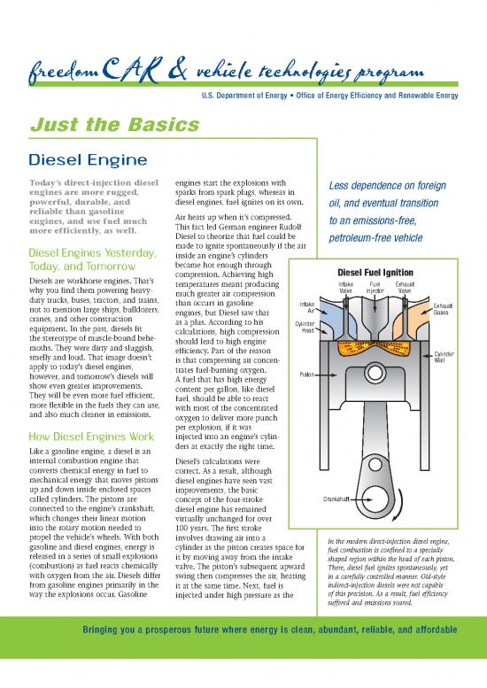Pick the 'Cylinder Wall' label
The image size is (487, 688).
(444, 357)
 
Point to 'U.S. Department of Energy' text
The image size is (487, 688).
(231, 93)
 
